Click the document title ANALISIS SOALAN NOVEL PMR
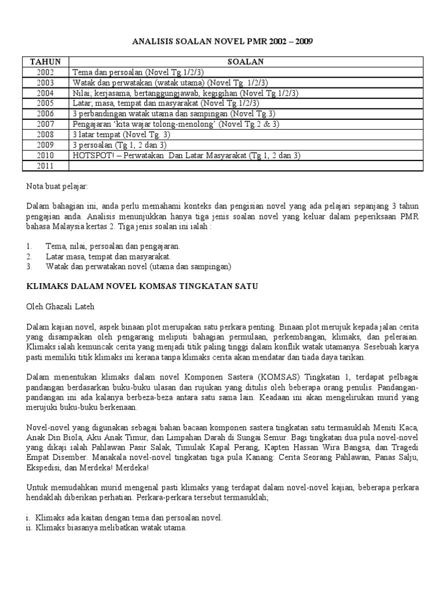pyautogui.click(x=222, y=41)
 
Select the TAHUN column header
pyautogui.click(x=45, y=61)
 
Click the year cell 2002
pyautogui.click(x=45, y=72)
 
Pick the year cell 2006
pyautogui.click(x=45, y=114)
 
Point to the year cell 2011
pyautogui.click(x=45, y=166)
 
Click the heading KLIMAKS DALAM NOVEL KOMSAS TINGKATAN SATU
pyautogui.click(x=142, y=286)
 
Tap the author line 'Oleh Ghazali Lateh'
pyautogui.click(x=60, y=307)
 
